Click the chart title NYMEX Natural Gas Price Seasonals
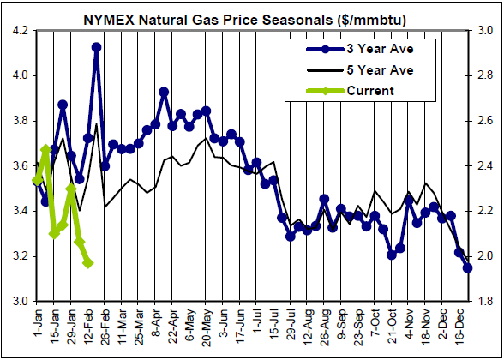tap(251, 15)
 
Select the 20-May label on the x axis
tap(206, 323)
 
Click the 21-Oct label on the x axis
tap(390, 323)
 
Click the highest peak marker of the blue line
tap(96, 48)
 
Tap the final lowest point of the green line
tap(87, 262)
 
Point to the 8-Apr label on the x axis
tap(156, 322)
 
